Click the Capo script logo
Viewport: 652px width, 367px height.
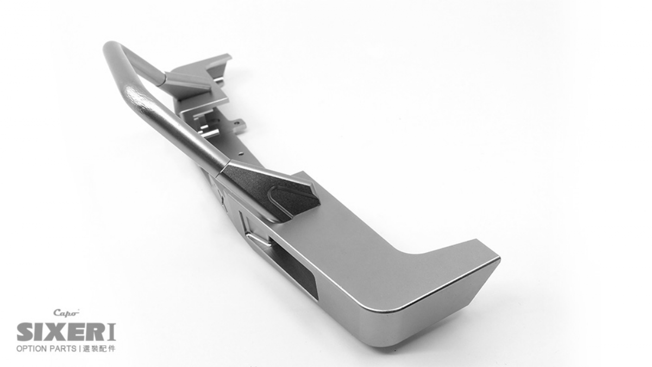coord(66,313)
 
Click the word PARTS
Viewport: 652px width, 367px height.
coord(63,349)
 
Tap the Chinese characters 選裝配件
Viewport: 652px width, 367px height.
coord(99,349)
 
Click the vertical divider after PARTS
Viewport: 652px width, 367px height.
coord(80,349)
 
